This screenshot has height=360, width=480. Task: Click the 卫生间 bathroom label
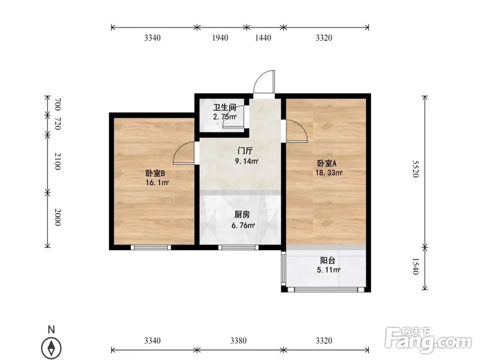pyautogui.click(x=225, y=108)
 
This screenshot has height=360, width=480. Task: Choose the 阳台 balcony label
pyautogui.click(x=328, y=261)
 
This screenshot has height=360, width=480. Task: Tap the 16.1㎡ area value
pyautogui.click(x=157, y=183)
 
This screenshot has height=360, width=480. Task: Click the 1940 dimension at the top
pyautogui.click(x=219, y=38)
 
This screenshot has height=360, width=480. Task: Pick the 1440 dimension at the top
pyautogui.click(x=263, y=38)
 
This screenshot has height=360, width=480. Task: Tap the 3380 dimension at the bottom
pyautogui.click(x=238, y=341)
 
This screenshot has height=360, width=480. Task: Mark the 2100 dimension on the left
pyautogui.click(x=57, y=161)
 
